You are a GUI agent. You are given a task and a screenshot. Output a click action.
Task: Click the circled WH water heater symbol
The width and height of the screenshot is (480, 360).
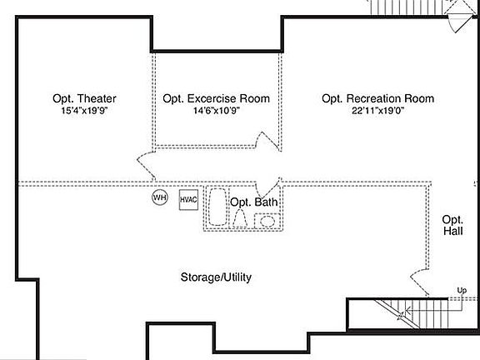click(x=159, y=198)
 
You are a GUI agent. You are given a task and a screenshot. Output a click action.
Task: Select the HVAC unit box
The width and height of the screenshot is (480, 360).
click(x=188, y=199)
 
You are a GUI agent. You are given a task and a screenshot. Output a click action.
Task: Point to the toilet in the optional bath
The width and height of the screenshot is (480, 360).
click(x=241, y=219)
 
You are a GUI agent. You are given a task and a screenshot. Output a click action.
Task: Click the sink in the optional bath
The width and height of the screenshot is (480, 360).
click(x=267, y=221)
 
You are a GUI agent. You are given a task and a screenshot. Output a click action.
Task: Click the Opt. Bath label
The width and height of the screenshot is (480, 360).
click(x=254, y=202)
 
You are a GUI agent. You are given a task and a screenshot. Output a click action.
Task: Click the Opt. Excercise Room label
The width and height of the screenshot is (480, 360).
click(x=216, y=98)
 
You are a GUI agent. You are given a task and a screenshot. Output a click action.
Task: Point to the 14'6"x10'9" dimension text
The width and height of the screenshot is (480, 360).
click(x=216, y=111)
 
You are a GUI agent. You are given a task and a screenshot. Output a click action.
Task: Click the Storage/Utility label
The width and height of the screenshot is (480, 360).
click(x=216, y=277)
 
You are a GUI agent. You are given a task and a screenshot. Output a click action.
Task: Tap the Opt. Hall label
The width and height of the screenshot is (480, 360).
click(x=452, y=224)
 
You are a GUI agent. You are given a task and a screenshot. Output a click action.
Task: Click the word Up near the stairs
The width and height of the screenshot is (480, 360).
click(x=461, y=290)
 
